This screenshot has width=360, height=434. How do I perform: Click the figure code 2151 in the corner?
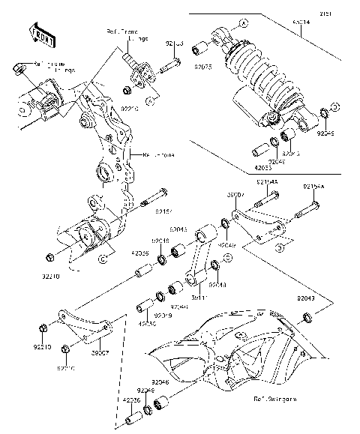348,11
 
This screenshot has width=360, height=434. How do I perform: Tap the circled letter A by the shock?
243,25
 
